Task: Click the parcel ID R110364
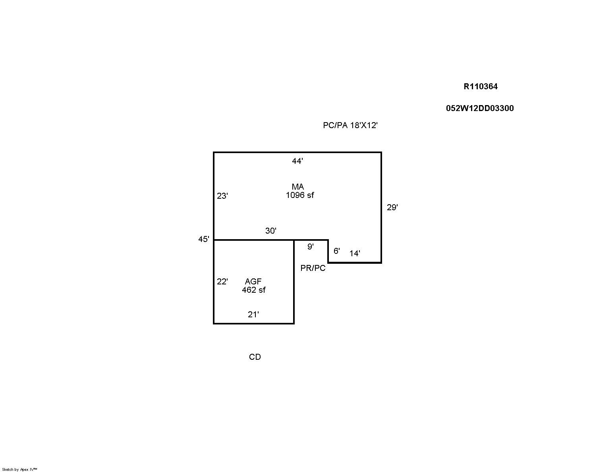tap(480, 86)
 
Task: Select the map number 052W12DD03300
tap(480, 108)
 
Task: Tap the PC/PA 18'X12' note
tap(350, 125)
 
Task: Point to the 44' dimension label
tap(297, 161)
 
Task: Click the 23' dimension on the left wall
tap(222, 196)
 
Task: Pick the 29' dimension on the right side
tap(392, 207)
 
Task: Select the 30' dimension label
tap(270, 231)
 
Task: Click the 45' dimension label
tap(203, 239)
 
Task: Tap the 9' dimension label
tap(311, 247)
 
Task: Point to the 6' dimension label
tap(337, 251)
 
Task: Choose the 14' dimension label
tap(355, 253)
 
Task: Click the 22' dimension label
tap(222, 281)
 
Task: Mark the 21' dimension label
tap(253, 314)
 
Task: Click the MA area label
tap(298, 187)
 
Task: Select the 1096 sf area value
tap(299, 195)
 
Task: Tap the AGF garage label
tap(253, 281)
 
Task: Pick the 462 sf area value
tap(253, 290)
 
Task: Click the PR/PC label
tap(313, 268)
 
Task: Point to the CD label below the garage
tap(255, 357)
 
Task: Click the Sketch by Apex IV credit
tap(19, 469)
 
